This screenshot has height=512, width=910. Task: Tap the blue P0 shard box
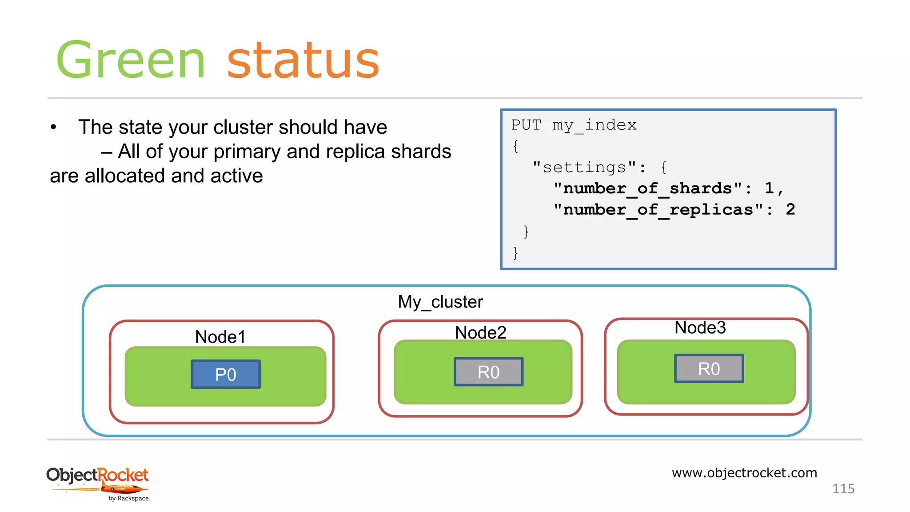point(226,375)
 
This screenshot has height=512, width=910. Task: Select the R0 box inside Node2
point(488,372)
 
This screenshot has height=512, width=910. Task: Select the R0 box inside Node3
point(709,369)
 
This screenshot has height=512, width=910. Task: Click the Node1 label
point(220,337)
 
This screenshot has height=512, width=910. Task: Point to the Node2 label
point(480,332)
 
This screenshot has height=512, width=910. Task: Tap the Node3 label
point(700,328)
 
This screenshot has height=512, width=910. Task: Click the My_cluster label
point(440,302)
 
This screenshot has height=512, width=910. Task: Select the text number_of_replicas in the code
point(658,210)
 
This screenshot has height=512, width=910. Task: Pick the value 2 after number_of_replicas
point(790,209)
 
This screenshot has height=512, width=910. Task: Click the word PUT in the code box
point(526,125)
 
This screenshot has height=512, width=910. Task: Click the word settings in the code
point(584,168)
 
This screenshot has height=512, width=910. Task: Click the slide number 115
point(843,489)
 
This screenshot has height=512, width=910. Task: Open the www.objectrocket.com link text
point(744,472)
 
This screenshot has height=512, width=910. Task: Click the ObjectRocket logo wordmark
point(97,475)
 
